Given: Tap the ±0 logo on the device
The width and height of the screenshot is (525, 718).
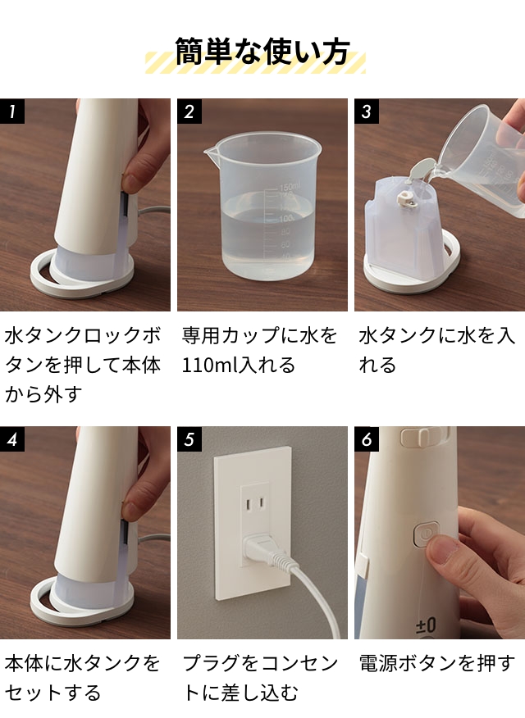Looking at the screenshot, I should click(425, 627).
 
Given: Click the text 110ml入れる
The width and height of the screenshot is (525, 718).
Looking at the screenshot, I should click(239, 365).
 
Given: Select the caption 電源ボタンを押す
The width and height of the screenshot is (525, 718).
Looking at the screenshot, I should click(436, 663).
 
